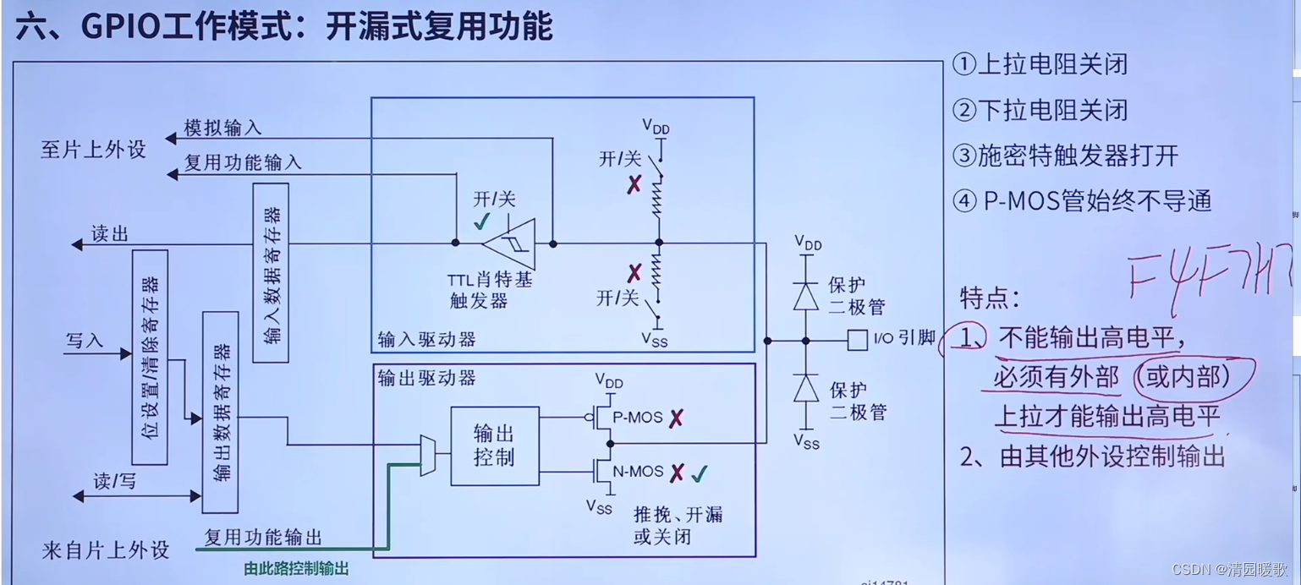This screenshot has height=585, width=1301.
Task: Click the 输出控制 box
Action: [x=495, y=446]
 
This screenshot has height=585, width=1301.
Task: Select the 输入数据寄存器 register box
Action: [x=271, y=272]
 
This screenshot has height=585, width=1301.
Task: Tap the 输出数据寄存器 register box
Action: [x=220, y=412]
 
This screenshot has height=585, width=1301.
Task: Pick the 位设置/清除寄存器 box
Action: [x=150, y=357]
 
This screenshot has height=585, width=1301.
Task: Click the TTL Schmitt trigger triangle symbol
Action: [x=510, y=243]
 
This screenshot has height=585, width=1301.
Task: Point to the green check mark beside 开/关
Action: [x=482, y=222]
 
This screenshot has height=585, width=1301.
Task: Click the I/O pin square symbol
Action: [x=858, y=341]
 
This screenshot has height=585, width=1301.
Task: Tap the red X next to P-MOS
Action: [x=676, y=418]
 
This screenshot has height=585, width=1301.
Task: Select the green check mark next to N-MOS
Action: [x=699, y=474]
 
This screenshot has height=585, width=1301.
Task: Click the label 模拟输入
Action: [x=223, y=128]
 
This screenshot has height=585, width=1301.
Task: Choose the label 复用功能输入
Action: [x=243, y=162]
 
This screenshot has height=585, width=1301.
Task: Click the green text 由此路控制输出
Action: [x=296, y=569]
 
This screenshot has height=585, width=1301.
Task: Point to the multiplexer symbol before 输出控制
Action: [x=429, y=455]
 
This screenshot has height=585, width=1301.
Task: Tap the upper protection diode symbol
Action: [x=806, y=295]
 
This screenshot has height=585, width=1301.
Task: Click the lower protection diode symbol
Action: [x=806, y=389]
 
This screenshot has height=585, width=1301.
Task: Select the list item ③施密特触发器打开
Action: [x=1065, y=156]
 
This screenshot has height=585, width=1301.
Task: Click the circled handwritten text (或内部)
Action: [x=1183, y=376]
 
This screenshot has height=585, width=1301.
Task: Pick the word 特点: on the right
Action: [x=990, y=298]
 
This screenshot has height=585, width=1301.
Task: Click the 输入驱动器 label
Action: [x=426, y=340]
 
